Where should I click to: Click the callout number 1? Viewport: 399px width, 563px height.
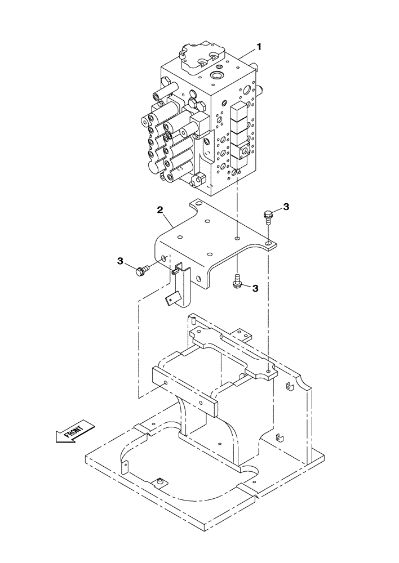click(x=259, y=47)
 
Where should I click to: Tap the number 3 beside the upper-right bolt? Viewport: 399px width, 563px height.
click(x=286, y=207)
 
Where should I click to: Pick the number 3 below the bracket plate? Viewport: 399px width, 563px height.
click(x=255, y=288)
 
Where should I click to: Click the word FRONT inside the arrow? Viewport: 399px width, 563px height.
click(x=74, y=432)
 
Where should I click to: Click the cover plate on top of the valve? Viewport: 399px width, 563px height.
click(x=201, y=56)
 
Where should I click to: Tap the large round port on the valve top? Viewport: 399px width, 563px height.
click(x=216, y=75)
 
